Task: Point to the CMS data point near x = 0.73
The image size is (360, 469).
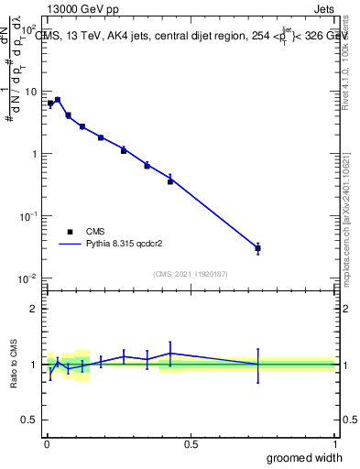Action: (258, 248)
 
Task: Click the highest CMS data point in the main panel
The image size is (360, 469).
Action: (58, 100)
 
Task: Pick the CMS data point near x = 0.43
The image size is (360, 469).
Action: (170, 181)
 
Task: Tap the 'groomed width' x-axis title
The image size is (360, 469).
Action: (305, 457)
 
